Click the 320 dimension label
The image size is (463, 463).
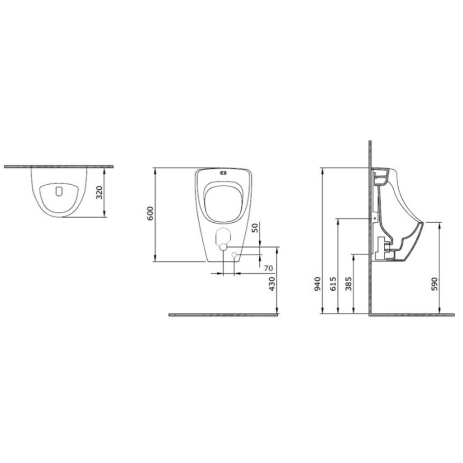coord(99,192)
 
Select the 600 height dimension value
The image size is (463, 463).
coord(150,213)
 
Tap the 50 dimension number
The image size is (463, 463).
coord(255,228)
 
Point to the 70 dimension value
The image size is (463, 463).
coord(269,269)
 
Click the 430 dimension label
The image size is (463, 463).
coord(272,283)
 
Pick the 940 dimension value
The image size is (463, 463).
coord(317,284)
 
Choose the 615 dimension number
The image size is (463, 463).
coord(333,284)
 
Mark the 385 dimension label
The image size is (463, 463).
coord(349,284)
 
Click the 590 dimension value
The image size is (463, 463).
coord(434,284)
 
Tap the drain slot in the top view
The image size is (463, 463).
coord(59,191)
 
